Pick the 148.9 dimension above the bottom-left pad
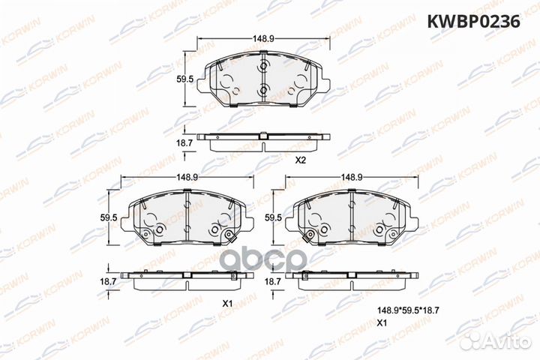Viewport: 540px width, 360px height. pos(186,177)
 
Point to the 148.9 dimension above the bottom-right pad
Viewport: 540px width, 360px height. pos(352,177)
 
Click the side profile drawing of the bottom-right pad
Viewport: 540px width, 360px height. pos(352,278)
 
